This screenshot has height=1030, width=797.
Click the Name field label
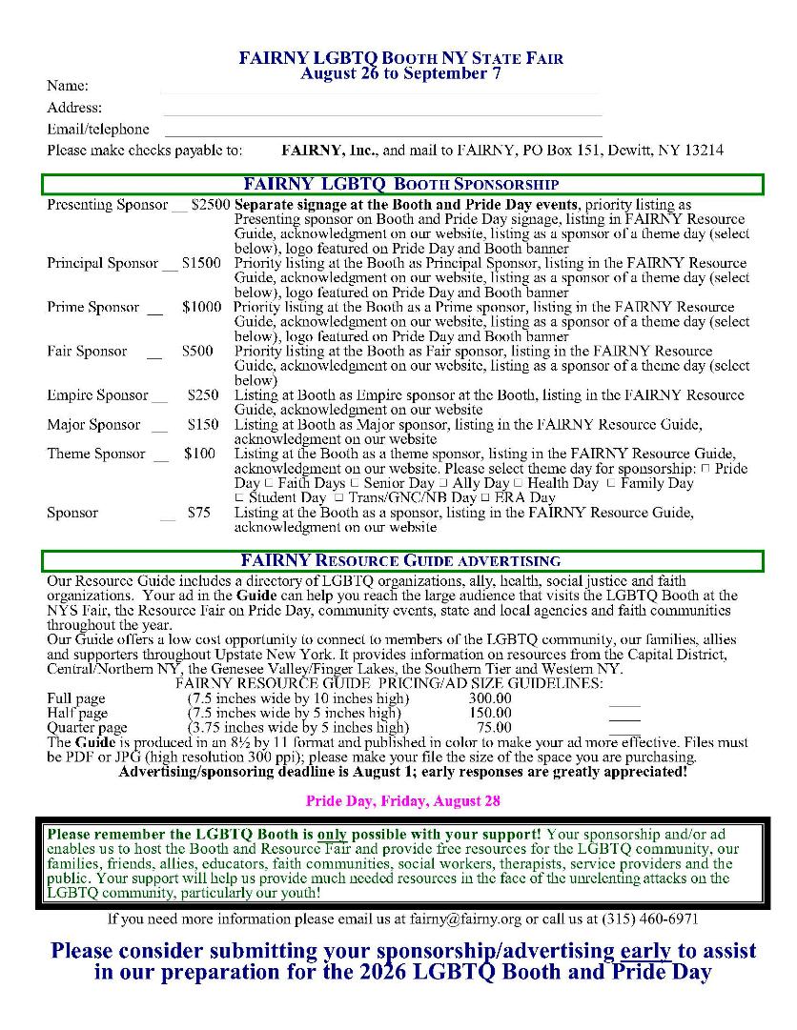(67, 87)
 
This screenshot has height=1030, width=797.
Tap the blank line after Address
(381, 113)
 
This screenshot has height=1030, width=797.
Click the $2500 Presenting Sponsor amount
(211, 205)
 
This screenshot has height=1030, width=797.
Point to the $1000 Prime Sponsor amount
(201, 307)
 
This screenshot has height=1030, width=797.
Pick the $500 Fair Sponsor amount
(197, 352)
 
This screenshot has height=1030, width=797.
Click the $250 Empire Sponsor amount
(202, 395)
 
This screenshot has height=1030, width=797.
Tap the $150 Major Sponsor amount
(202, 425)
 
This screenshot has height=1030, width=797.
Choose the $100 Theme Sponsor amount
(200, 454)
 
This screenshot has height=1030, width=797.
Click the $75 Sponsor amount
(198, 513)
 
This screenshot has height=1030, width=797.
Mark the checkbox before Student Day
(239, 498)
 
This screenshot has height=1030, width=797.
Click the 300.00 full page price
(490, 698)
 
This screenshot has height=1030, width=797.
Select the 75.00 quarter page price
(494, 728)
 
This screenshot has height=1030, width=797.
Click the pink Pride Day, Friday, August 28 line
(402, 801)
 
